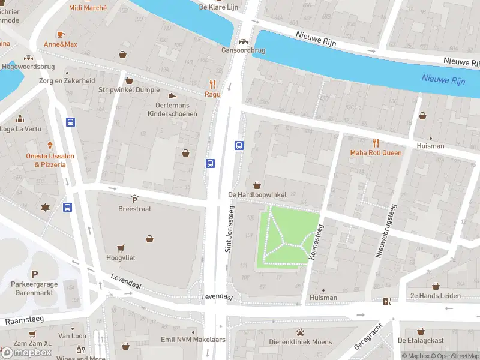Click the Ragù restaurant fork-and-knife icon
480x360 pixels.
pyautogui.click(x=212, y=84)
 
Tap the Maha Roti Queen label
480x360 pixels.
pyautogui.click(x=376, y=152)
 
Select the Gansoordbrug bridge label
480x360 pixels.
pyautogui.click(x=243, y=50)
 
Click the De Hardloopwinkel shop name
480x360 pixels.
pyautogui.click(x=257, y=195)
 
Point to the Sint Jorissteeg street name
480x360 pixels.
pyautogui.click(x=229, y=229)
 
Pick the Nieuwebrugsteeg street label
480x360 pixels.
pyautogui.click(x=386, y=231)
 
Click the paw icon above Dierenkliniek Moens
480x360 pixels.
pyautogui.click(x=300, y=332)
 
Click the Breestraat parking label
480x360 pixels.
pyautogui.click(x=134, y=209)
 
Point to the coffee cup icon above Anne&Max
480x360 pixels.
pyautogui.click(x=60, y=34)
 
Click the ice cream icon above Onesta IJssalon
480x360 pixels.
pyautogui.click(x=50, y=145)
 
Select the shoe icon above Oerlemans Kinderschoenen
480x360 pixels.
pyautogui.click(x=172, y=95)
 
